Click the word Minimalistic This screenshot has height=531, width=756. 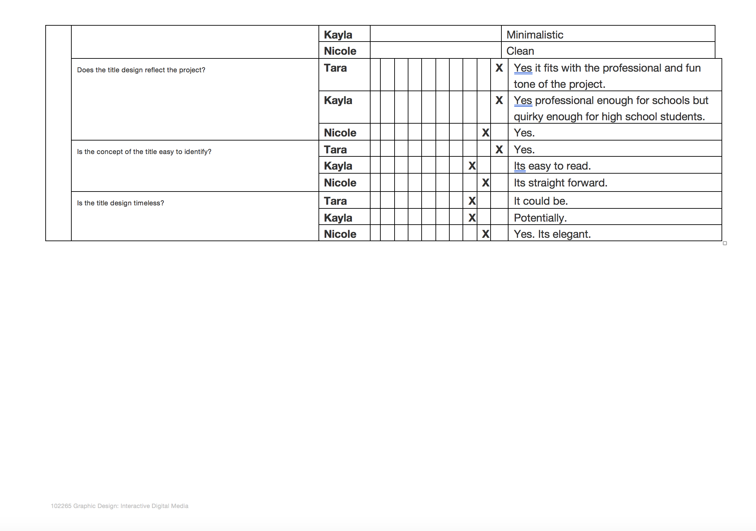[x=535, y=35]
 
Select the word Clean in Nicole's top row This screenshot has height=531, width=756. [x=520, y=51]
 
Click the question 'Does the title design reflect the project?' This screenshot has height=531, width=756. [x=141, y=70]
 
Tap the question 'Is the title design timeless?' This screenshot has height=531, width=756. [x=120, y=203]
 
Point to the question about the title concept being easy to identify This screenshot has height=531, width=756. [x=144, y=152]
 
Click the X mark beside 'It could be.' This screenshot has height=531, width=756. [x=472, y=201]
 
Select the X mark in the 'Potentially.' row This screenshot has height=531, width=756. [x=472, y=218]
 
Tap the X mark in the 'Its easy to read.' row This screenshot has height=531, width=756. [x=472, y=166]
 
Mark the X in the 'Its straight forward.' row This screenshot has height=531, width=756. [x=486, y=183]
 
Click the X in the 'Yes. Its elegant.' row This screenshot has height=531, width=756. [x=486, y=234]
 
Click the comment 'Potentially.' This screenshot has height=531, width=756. [x=540, y=218]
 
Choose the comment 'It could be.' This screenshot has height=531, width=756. [x=540, y=201]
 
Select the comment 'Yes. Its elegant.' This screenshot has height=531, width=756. [x=552, y=234]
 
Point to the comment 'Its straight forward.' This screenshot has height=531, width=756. [x=560, y=183]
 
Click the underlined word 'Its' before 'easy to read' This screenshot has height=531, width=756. [x=519, y=166]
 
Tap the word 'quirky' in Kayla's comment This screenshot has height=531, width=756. [x=528, y=117]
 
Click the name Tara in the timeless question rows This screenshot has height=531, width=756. [x=335, y=201]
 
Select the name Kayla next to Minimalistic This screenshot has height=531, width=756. [x=338, y=35]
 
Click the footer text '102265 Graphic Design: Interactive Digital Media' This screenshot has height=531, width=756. [x=119, y=506]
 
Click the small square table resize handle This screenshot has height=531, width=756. [x=725, y=243]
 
